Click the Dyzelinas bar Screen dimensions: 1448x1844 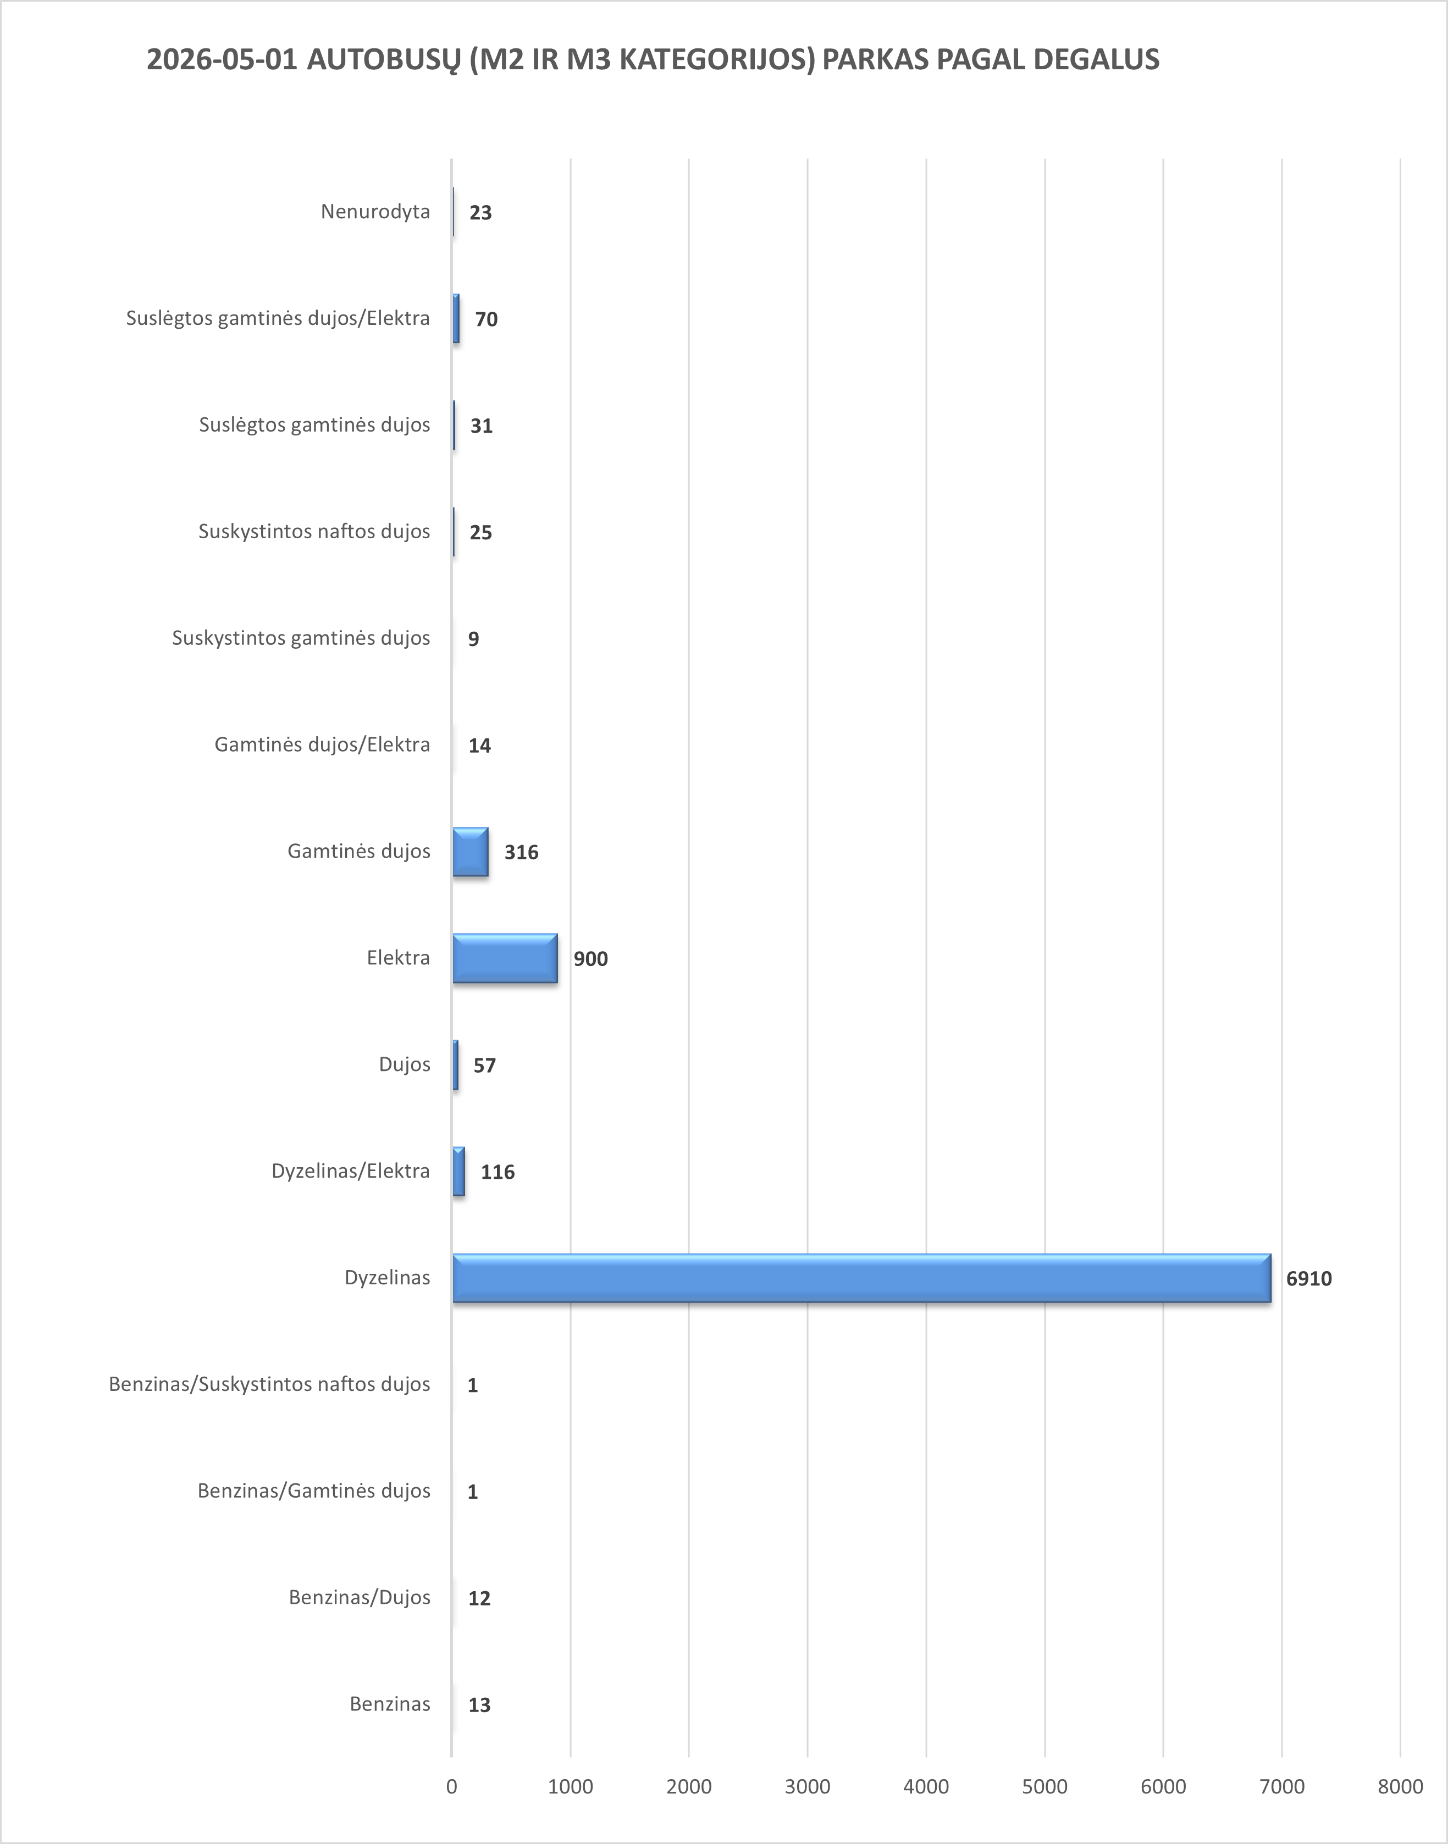[861, 1278]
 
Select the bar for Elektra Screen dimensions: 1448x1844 [505, 958]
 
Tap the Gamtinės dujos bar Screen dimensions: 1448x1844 [471, 851]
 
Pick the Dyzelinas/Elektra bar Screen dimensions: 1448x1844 [458, 1171]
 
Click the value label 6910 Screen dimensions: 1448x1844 [1309, 1278]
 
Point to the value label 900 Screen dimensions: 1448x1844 [591, 959]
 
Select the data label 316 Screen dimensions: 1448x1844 [521, 852]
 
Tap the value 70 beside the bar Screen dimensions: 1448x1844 [487, 319]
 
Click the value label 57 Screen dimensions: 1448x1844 [485, 1065]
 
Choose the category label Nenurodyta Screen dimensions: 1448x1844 [375, 211]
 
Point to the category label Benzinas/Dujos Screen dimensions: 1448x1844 [360, 1597]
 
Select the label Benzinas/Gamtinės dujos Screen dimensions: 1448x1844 [314, 1490]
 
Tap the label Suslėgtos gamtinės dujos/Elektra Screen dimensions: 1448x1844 [278, 318]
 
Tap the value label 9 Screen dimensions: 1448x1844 [474, 638]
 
